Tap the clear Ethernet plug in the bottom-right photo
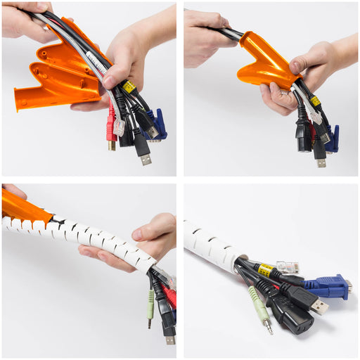click(288, 267)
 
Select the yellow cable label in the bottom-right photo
click(266, 270)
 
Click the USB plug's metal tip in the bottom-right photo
click(320, 307)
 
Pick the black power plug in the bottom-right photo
click(292, 316)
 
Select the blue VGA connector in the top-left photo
click(157, 124)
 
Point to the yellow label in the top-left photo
click(129, 86)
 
